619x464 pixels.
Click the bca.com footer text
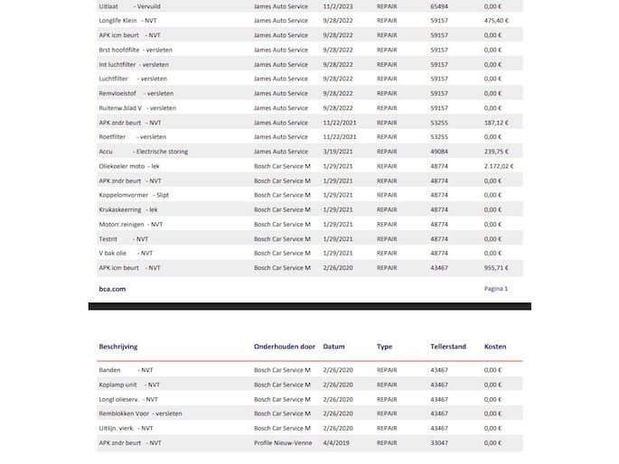(112, 289)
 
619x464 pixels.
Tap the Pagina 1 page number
(496, 289)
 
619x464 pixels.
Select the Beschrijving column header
(124, 347)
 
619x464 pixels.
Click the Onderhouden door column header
(285, 347)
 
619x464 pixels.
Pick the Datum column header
(333, 347)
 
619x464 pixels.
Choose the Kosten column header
(495, 347)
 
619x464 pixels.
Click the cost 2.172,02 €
(499, 166)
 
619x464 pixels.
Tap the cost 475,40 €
(496, 20)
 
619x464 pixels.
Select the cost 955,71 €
(496, 268)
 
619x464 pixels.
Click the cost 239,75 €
(496, 152)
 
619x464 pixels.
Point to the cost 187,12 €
(496, 123)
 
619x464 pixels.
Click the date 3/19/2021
(338, 152)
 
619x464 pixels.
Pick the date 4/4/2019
(336, 443)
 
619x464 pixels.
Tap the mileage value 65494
(439, 5)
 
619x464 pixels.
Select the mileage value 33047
(439, 443)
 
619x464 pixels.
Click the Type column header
(385, 347)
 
